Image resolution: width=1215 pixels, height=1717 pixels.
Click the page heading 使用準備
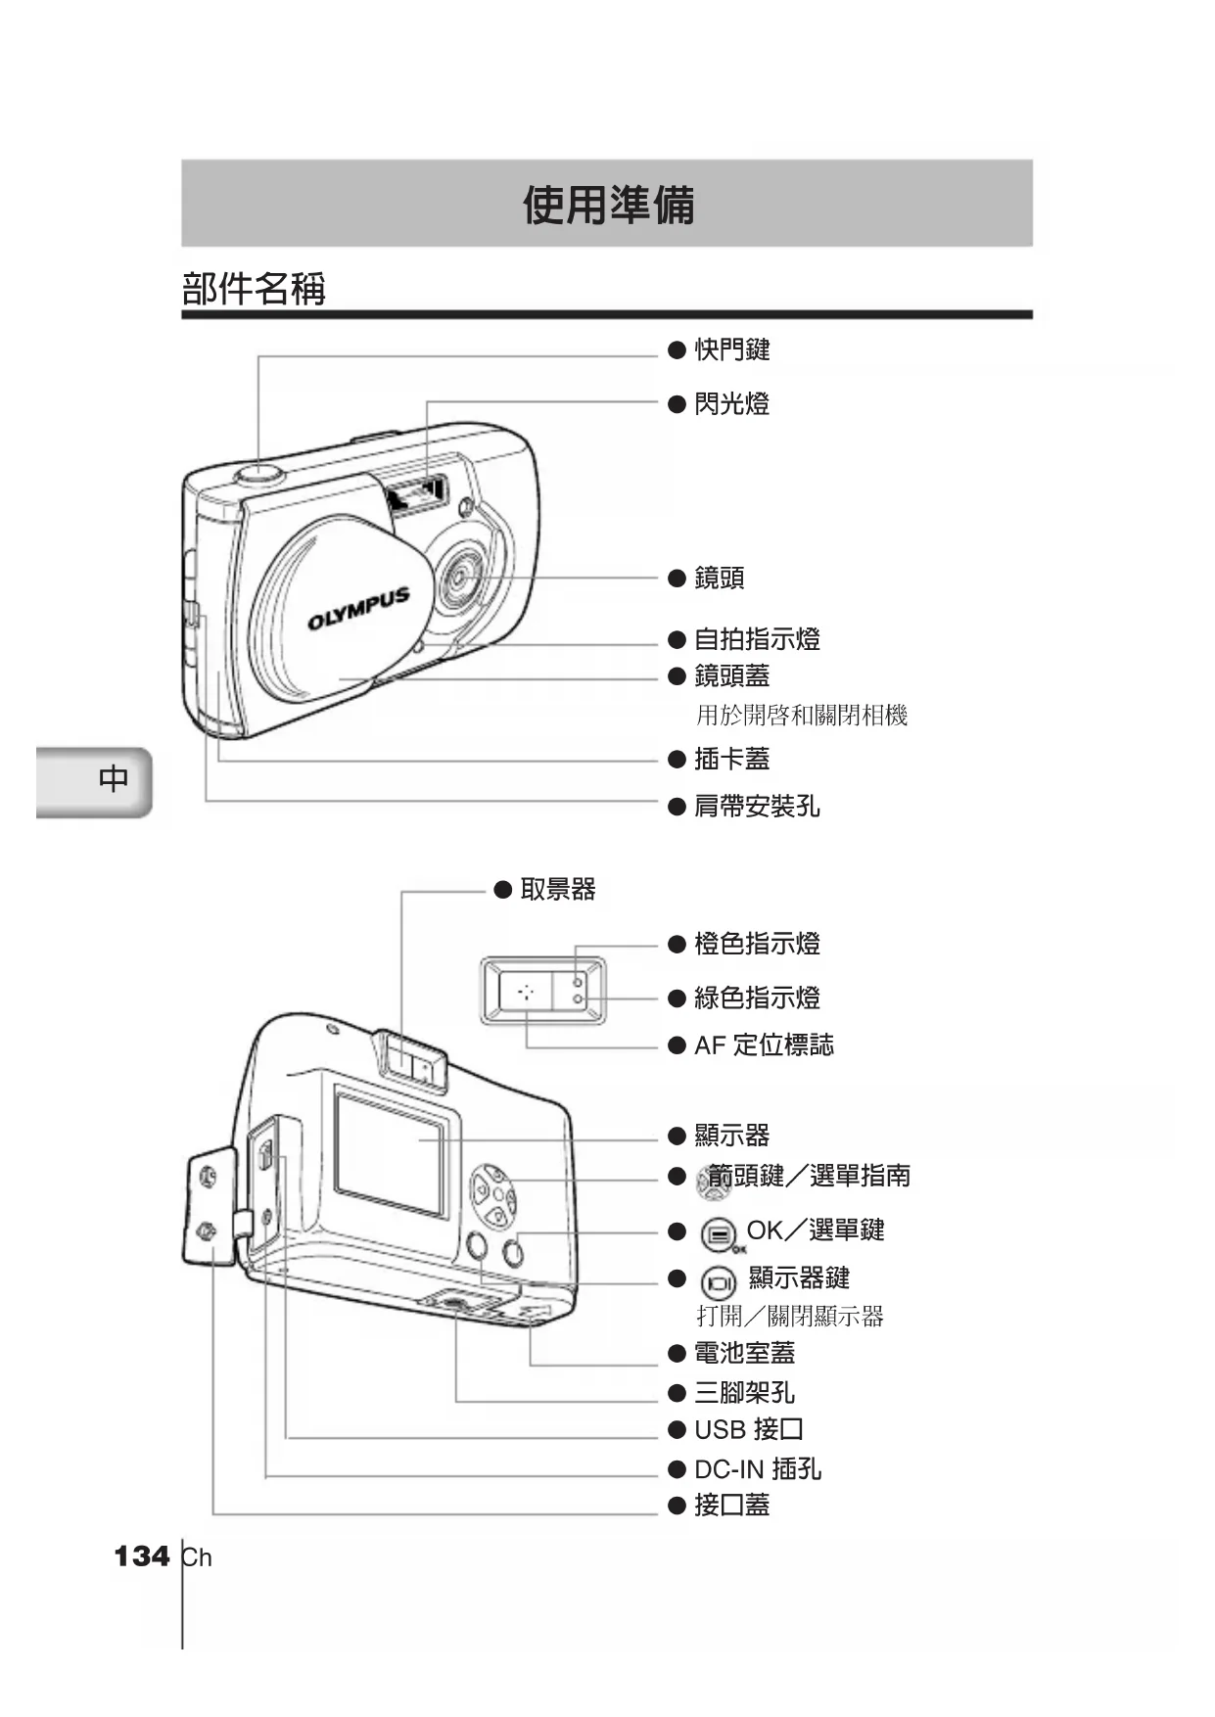[608, 205]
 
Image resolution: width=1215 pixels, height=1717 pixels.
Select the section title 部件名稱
[254, 289]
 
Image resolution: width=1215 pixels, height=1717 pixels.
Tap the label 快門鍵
[731, 349]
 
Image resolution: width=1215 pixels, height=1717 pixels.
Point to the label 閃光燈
[731, 403]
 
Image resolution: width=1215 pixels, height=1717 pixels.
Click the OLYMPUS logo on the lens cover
[358, 609]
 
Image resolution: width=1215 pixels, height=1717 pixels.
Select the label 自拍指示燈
[757, 639]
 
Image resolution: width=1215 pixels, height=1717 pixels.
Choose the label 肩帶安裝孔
[757, 806]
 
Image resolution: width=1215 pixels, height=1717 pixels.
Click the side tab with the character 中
[114, 779]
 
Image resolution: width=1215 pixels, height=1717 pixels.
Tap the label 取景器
[557, 889]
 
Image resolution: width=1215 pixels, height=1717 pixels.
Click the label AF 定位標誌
[764, 1045]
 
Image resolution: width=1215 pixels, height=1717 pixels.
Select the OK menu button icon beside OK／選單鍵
[719, 1234]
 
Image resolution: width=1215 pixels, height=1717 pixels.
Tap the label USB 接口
[748, 1430]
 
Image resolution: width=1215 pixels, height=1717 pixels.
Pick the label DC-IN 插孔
[757, 1469]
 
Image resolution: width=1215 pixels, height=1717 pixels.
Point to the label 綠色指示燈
[757, 998]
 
